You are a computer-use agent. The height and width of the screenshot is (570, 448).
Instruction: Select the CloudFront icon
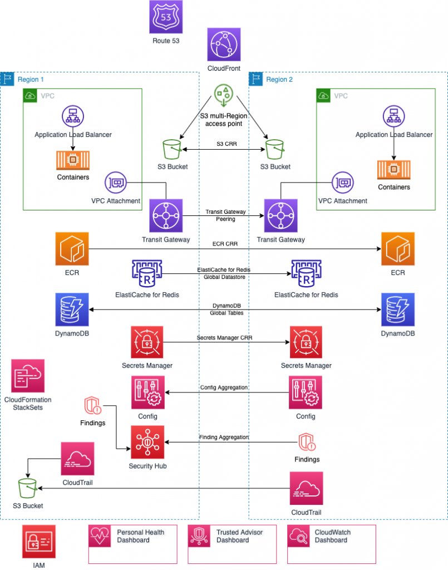click(223, 46)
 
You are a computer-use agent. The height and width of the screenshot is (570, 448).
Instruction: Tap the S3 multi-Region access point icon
click(223, 96)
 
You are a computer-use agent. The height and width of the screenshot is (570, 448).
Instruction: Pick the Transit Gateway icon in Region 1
click(166, 215)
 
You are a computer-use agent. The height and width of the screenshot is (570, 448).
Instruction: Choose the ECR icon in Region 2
click(397, 249)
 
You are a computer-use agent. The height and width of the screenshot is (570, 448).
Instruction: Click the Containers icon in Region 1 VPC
click(73, 160)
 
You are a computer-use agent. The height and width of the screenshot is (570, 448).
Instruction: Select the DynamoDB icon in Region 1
click(72, 309)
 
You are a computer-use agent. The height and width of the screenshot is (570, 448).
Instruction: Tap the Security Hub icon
click(147, 443)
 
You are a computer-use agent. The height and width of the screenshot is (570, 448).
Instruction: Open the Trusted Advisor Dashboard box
click(232, 544)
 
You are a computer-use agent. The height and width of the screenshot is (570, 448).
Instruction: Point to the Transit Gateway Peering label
click(222, 216)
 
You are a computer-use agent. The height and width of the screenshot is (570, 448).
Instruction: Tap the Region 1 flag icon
click(8, 79)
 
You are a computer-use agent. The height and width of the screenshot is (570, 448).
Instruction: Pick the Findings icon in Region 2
click(307, 443)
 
